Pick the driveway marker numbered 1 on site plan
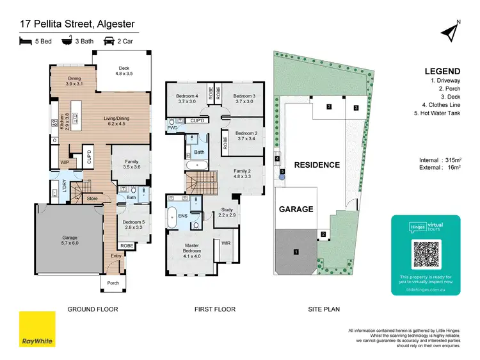(x=296, y=252)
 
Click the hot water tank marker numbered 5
(x=281, y=171)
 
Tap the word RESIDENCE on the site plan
(x=316, y=165)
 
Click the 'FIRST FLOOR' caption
(x=214, y=309)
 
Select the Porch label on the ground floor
(x=113, y=283)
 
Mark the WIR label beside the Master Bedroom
(x=226, y=243)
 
